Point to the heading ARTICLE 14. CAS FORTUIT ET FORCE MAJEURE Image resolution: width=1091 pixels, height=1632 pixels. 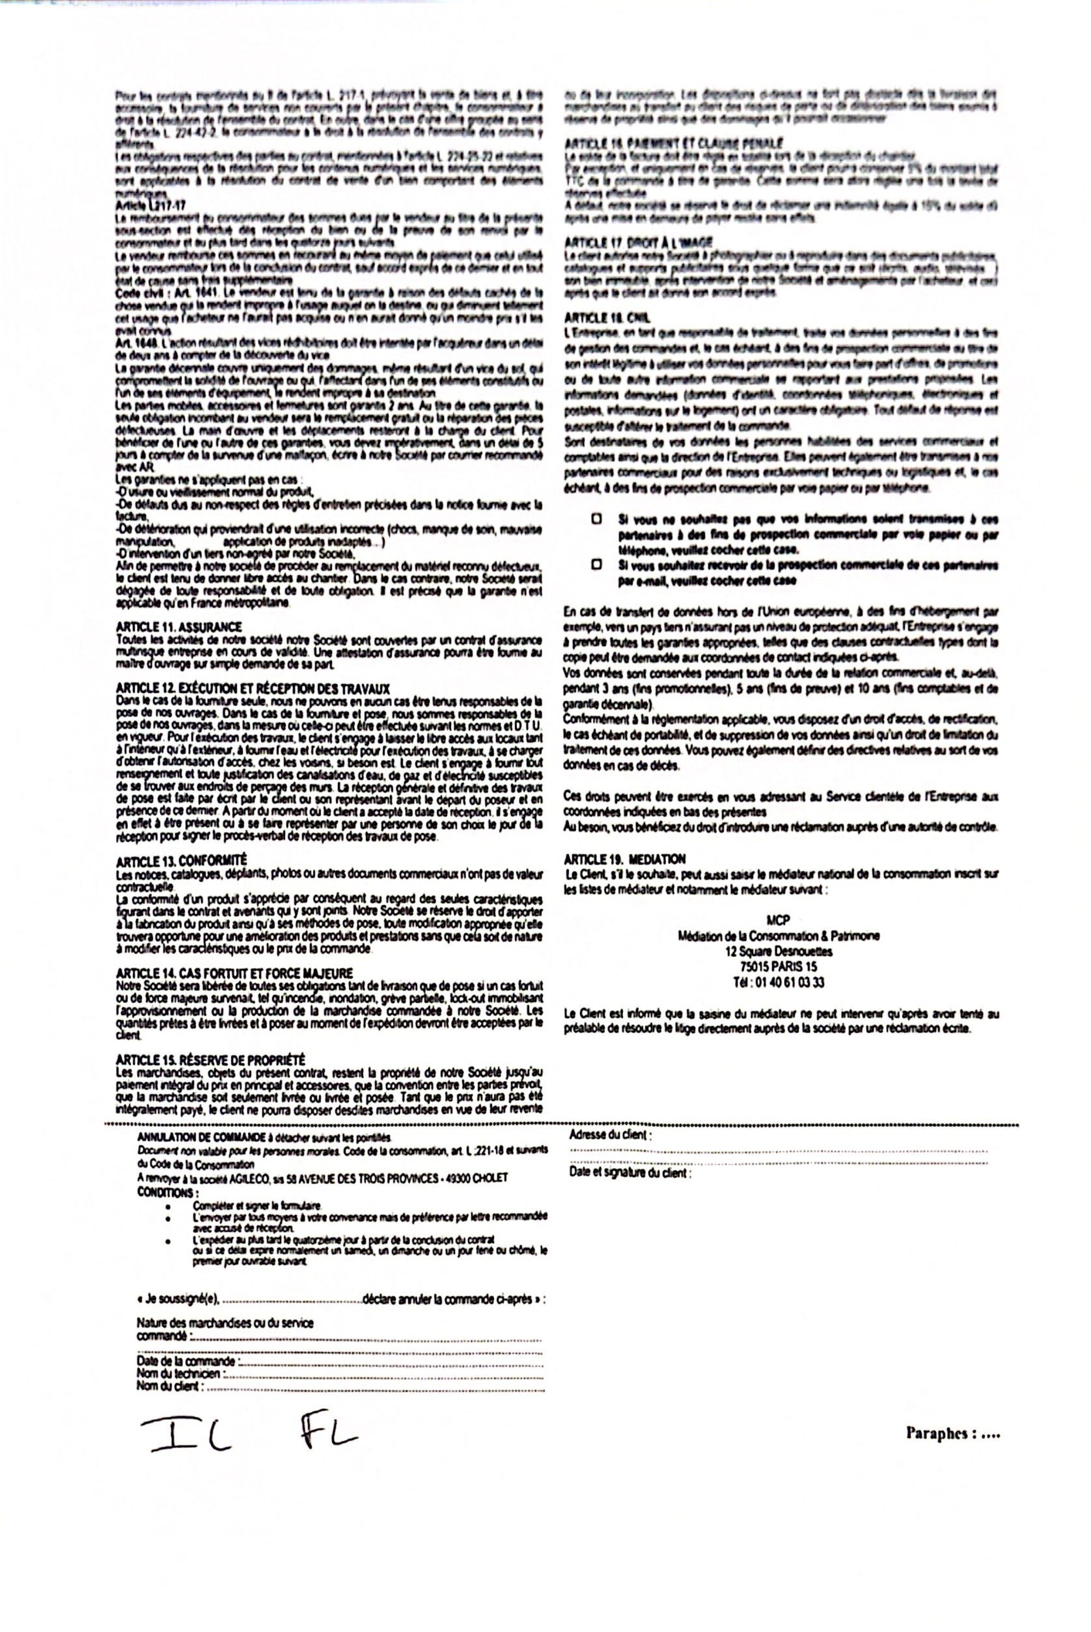click(x=235, y=973)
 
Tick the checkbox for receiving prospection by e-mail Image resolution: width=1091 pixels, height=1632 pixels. click(x=596, y=565)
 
